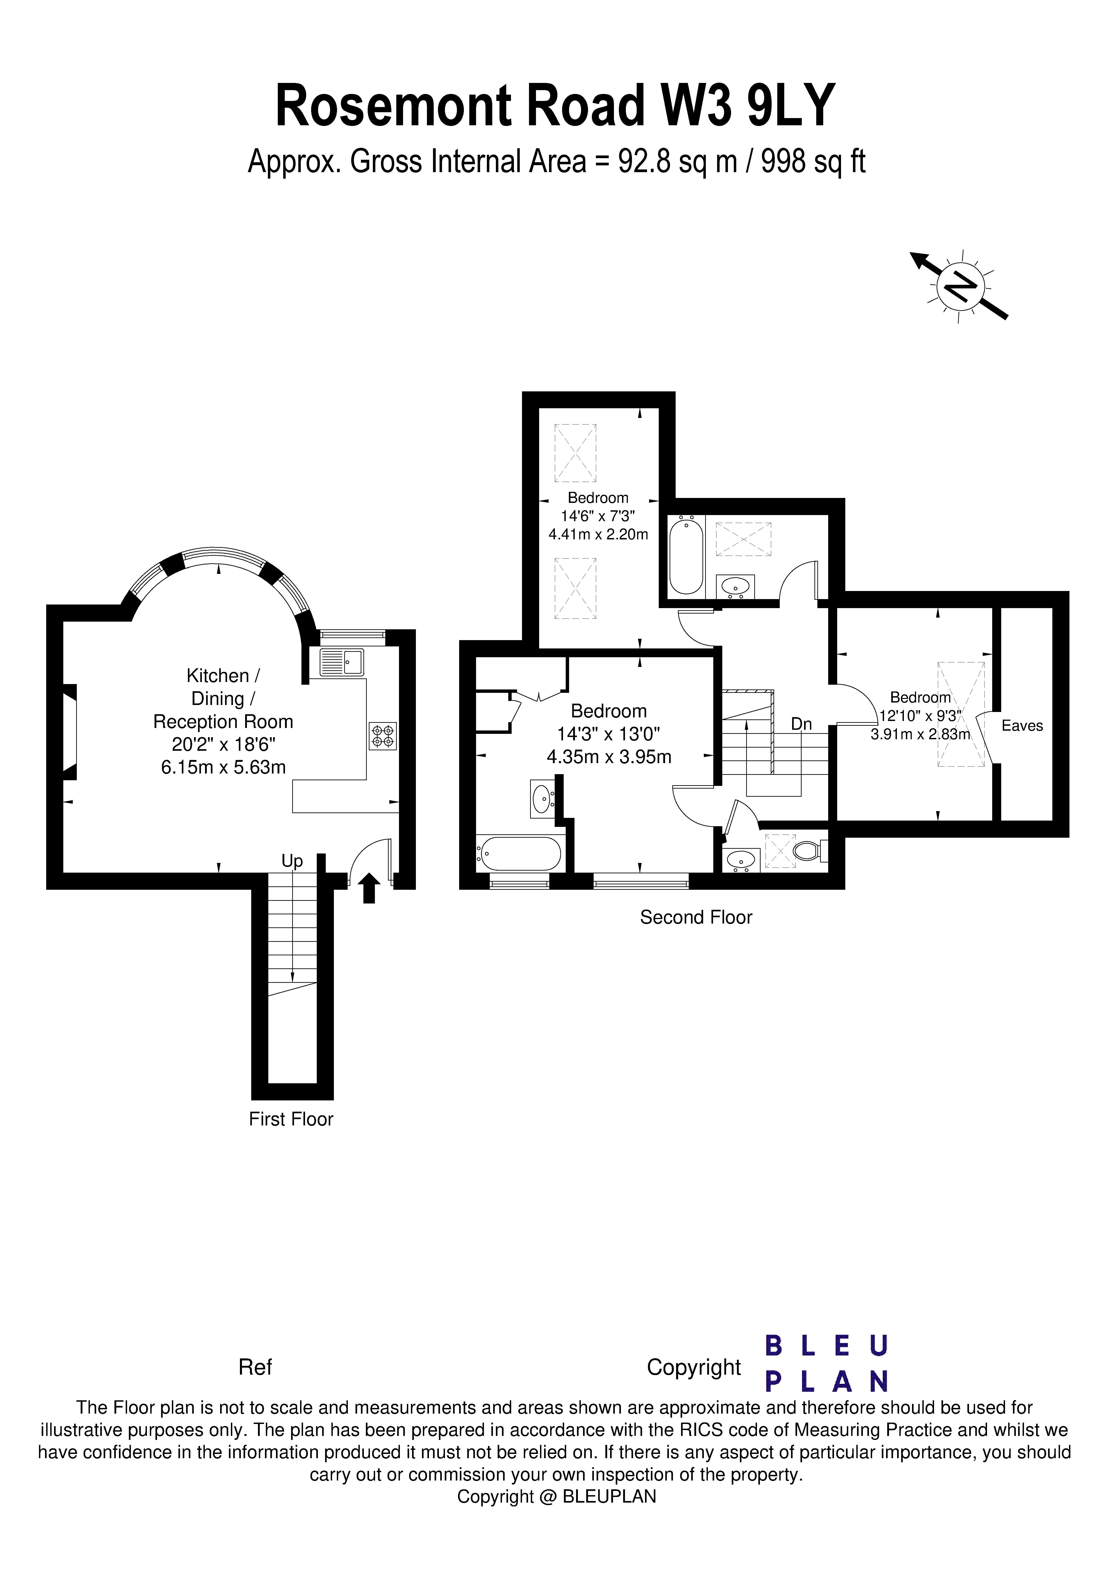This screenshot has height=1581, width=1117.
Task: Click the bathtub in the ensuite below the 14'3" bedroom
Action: click(x=520, y=854)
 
